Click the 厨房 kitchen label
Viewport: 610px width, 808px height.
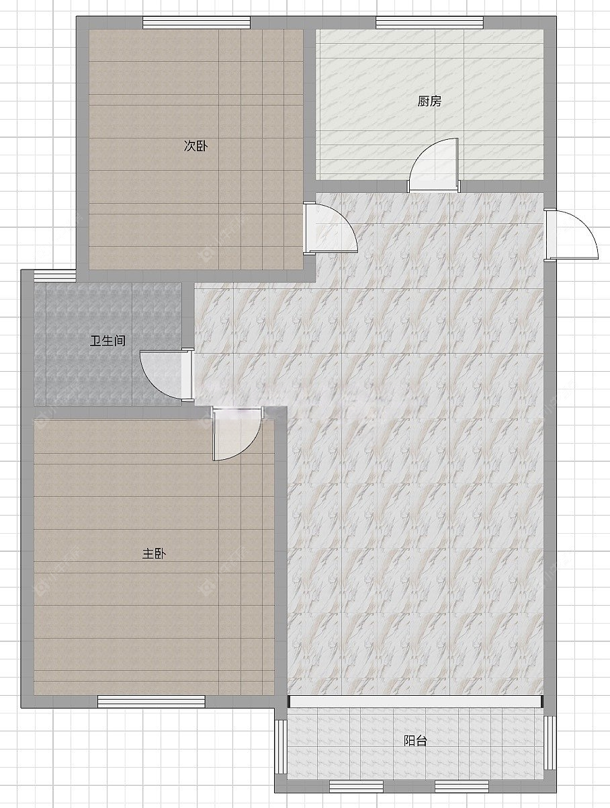429,101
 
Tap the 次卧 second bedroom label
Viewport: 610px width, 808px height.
195,146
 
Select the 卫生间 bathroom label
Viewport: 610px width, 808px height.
107,341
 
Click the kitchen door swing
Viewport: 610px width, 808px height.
434,165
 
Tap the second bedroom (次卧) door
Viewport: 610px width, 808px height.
330,228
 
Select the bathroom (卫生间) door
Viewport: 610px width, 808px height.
167,374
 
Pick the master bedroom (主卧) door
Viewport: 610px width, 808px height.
237,434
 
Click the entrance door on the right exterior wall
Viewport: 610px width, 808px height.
571,235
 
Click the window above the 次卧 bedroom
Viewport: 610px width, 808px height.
196,22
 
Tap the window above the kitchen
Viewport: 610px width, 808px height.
429,22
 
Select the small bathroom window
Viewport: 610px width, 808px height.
55,276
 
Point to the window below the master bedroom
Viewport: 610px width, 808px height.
151,701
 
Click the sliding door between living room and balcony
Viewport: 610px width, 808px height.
416,701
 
